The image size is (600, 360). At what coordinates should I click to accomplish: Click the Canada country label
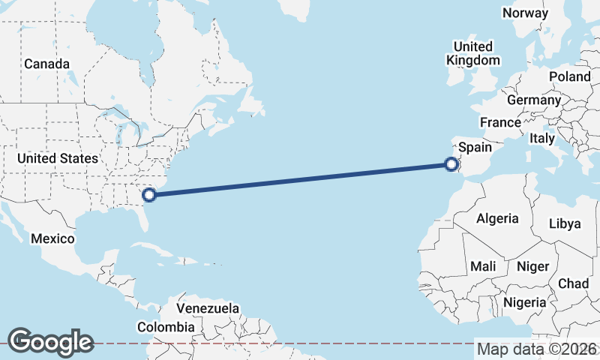pos(46,64)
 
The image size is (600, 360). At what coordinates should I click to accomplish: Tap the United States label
pos(58,158)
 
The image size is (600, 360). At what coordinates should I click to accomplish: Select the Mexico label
pos(52,238)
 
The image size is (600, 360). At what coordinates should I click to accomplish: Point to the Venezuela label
pos(208,308)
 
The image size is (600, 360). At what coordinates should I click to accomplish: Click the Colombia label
pos(166,327)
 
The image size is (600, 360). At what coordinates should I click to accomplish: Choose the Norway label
pos(526,13)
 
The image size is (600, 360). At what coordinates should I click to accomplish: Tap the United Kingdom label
pos(472,53)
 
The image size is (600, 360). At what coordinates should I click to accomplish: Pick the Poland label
pos(570,76)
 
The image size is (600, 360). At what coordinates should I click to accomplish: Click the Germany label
pos(534,100)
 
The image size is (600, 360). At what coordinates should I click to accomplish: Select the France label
pos(500,122)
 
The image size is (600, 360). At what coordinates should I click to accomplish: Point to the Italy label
pos(541,139)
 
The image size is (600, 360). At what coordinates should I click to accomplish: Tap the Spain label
pos(475,148)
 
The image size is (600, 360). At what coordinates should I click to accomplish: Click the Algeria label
pos(498,218)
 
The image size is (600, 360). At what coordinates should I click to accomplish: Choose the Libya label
pos(565,223)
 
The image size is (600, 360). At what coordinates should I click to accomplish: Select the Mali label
pos(483,266)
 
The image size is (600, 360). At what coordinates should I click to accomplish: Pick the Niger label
pos(533,266)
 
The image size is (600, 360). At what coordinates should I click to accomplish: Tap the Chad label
pos(574,283)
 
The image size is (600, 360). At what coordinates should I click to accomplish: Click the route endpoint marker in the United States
pos(148,195)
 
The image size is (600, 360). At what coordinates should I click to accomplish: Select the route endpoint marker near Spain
pos(451,164)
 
